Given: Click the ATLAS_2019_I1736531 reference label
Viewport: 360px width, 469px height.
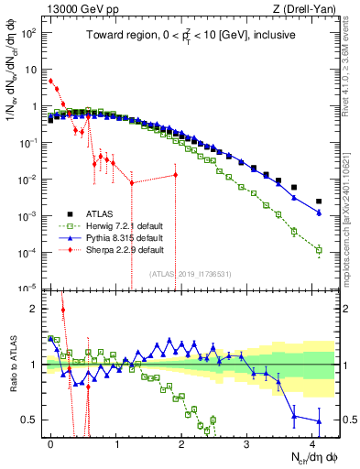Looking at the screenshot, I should pos(190,274).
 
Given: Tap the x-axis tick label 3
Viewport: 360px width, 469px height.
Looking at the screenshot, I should pos(247,442).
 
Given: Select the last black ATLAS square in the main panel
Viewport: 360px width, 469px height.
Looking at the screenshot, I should pos(319,202).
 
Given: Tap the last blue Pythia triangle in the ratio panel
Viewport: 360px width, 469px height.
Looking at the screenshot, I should pos(319,421).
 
